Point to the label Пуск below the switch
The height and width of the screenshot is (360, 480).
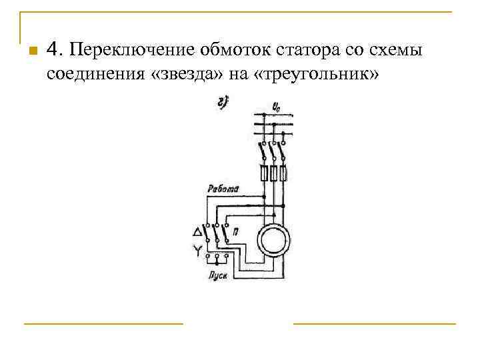218,274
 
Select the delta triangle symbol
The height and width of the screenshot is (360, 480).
197,232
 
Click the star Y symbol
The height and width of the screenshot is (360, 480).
197,251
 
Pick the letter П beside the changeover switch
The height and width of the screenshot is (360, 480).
238,229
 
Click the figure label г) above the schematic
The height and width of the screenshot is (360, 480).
223,101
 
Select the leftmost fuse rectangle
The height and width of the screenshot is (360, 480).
264,175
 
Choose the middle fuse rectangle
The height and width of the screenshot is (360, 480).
274,175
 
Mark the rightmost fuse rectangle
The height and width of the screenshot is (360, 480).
284,175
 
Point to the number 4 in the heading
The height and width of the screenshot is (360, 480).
55,50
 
